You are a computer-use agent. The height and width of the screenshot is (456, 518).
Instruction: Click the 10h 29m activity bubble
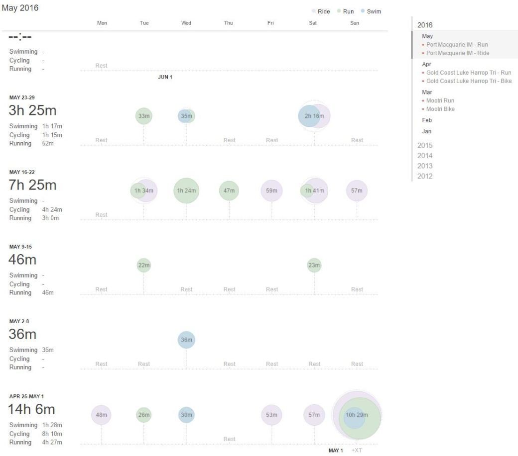(x=357, y=415)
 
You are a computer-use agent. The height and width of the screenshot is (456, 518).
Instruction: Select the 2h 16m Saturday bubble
(x=314, y=116)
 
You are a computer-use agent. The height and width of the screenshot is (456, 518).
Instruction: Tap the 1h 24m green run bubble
(x=186, y=191)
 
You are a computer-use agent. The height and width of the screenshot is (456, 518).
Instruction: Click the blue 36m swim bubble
(x=186, y=340)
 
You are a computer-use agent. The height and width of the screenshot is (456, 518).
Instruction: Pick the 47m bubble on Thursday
(x=229, y=191)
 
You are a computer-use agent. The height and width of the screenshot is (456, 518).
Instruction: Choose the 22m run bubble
(x=144, y=266)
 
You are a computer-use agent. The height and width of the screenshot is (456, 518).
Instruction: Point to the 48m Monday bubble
(x=101, y=415)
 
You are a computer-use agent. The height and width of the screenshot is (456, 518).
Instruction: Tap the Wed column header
(x=186, y=23)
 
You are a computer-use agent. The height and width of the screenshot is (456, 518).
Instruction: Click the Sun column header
(x=355, y=23)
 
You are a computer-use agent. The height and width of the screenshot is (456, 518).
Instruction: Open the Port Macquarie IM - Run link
(x=457, y=45)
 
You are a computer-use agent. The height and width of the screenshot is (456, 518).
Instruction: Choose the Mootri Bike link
(x=440, y=109)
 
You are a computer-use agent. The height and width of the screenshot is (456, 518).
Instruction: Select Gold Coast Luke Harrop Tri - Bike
(x=469, y=81)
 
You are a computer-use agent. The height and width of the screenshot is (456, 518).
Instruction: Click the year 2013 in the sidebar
(x=425, y=166)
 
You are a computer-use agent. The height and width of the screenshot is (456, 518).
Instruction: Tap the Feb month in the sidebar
(x=427, y=120)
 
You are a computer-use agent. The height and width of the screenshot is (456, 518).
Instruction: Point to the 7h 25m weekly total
(x=32, y=185)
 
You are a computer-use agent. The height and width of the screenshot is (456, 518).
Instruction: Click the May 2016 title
(x=20, y=8)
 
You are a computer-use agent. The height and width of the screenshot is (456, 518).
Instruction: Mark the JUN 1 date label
(x=165, y=78)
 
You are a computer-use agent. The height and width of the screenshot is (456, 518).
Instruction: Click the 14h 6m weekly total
(x=31, y=409)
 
